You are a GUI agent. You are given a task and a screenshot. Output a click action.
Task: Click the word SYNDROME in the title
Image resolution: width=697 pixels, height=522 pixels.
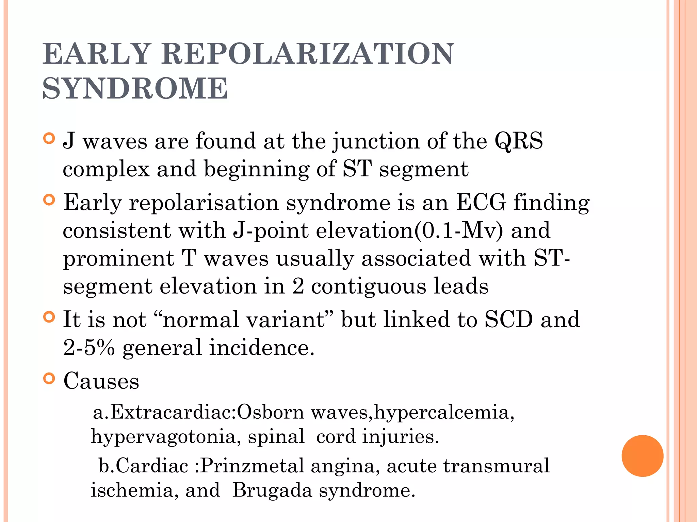(135, 88)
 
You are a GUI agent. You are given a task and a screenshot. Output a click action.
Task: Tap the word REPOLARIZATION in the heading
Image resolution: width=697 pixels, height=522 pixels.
(308, 54)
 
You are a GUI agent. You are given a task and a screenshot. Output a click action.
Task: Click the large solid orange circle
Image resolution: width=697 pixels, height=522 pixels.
(642, 456)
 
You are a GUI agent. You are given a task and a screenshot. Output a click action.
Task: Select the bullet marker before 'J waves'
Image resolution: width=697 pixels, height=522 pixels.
(49, 138)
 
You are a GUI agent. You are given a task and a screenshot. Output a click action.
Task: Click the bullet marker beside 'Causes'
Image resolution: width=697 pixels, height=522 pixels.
(49, 378)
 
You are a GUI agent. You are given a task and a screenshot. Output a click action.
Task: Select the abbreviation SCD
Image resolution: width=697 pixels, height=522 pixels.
(508, 319)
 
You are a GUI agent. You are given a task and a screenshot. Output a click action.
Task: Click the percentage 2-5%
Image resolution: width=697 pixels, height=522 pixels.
(89, 347)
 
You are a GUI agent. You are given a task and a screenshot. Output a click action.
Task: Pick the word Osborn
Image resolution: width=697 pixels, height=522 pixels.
(270, 412)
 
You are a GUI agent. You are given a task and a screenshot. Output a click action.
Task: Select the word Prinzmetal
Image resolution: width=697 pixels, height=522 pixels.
(252, 466)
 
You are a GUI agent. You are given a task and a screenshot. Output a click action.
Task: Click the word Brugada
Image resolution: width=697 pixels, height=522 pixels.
(272, 490)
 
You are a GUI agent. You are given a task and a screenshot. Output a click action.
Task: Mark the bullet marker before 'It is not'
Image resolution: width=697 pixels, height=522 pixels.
(49, 317)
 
